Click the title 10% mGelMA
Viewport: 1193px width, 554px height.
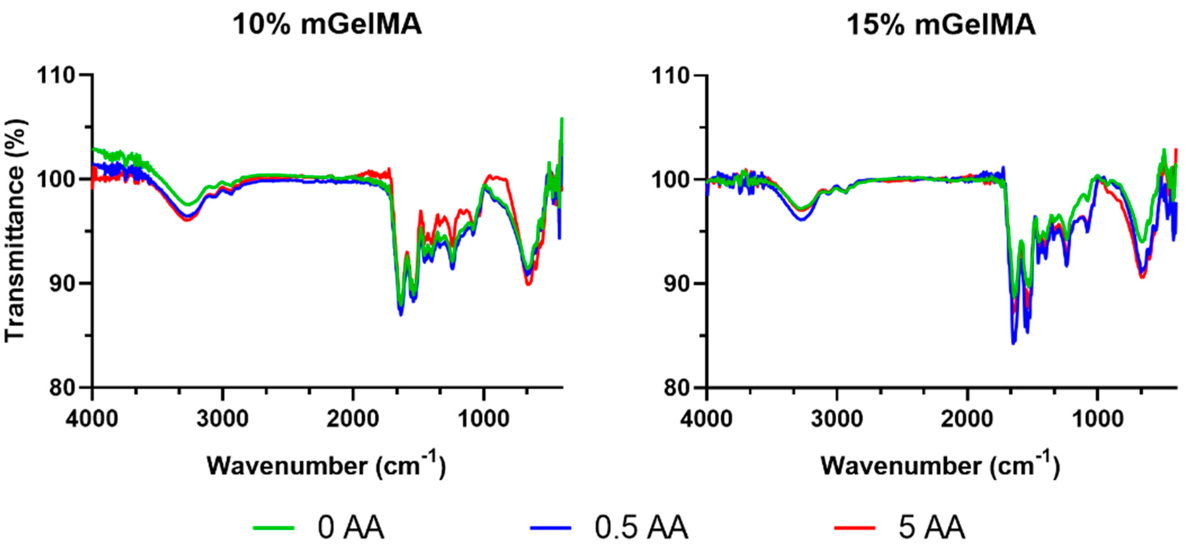pos(327,24)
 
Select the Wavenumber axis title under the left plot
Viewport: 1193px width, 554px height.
pos(326,466)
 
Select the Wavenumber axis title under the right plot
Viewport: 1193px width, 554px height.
pos(940,466)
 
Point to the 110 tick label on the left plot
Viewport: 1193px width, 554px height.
pos(56,75)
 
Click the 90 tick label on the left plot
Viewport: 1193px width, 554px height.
pos(63,283)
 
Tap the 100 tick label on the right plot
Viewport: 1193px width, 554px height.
pos(671,179)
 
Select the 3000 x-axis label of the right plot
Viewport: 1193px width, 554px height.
pos(837,419)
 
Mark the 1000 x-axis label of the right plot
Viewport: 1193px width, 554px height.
pos(1097,419)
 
